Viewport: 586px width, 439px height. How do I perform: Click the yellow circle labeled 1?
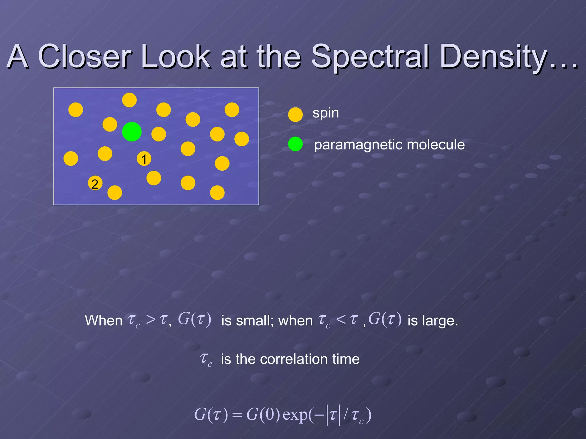[144, 159]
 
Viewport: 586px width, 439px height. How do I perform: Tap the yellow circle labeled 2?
[95, 183]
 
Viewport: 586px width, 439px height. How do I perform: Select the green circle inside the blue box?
[132, 131]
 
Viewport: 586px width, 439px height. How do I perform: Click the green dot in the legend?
[295, 144]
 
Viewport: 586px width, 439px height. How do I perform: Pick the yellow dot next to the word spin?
[295, 115]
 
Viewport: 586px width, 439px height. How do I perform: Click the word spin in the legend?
[326, 113]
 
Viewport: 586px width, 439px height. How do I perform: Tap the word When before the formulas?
[104, 320]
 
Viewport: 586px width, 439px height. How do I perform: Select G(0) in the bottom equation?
[263, 414]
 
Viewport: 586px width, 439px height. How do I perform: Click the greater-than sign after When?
[151, 320]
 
